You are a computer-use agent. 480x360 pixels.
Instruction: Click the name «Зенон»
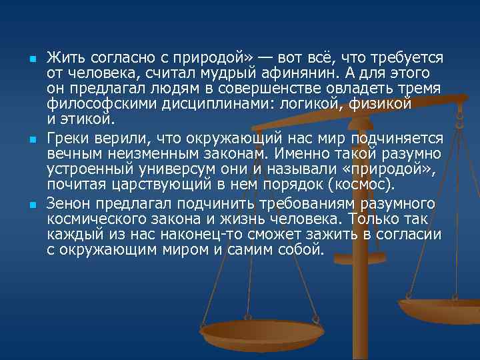point(69,203)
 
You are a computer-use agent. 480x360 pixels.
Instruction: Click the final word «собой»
point(301,251)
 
